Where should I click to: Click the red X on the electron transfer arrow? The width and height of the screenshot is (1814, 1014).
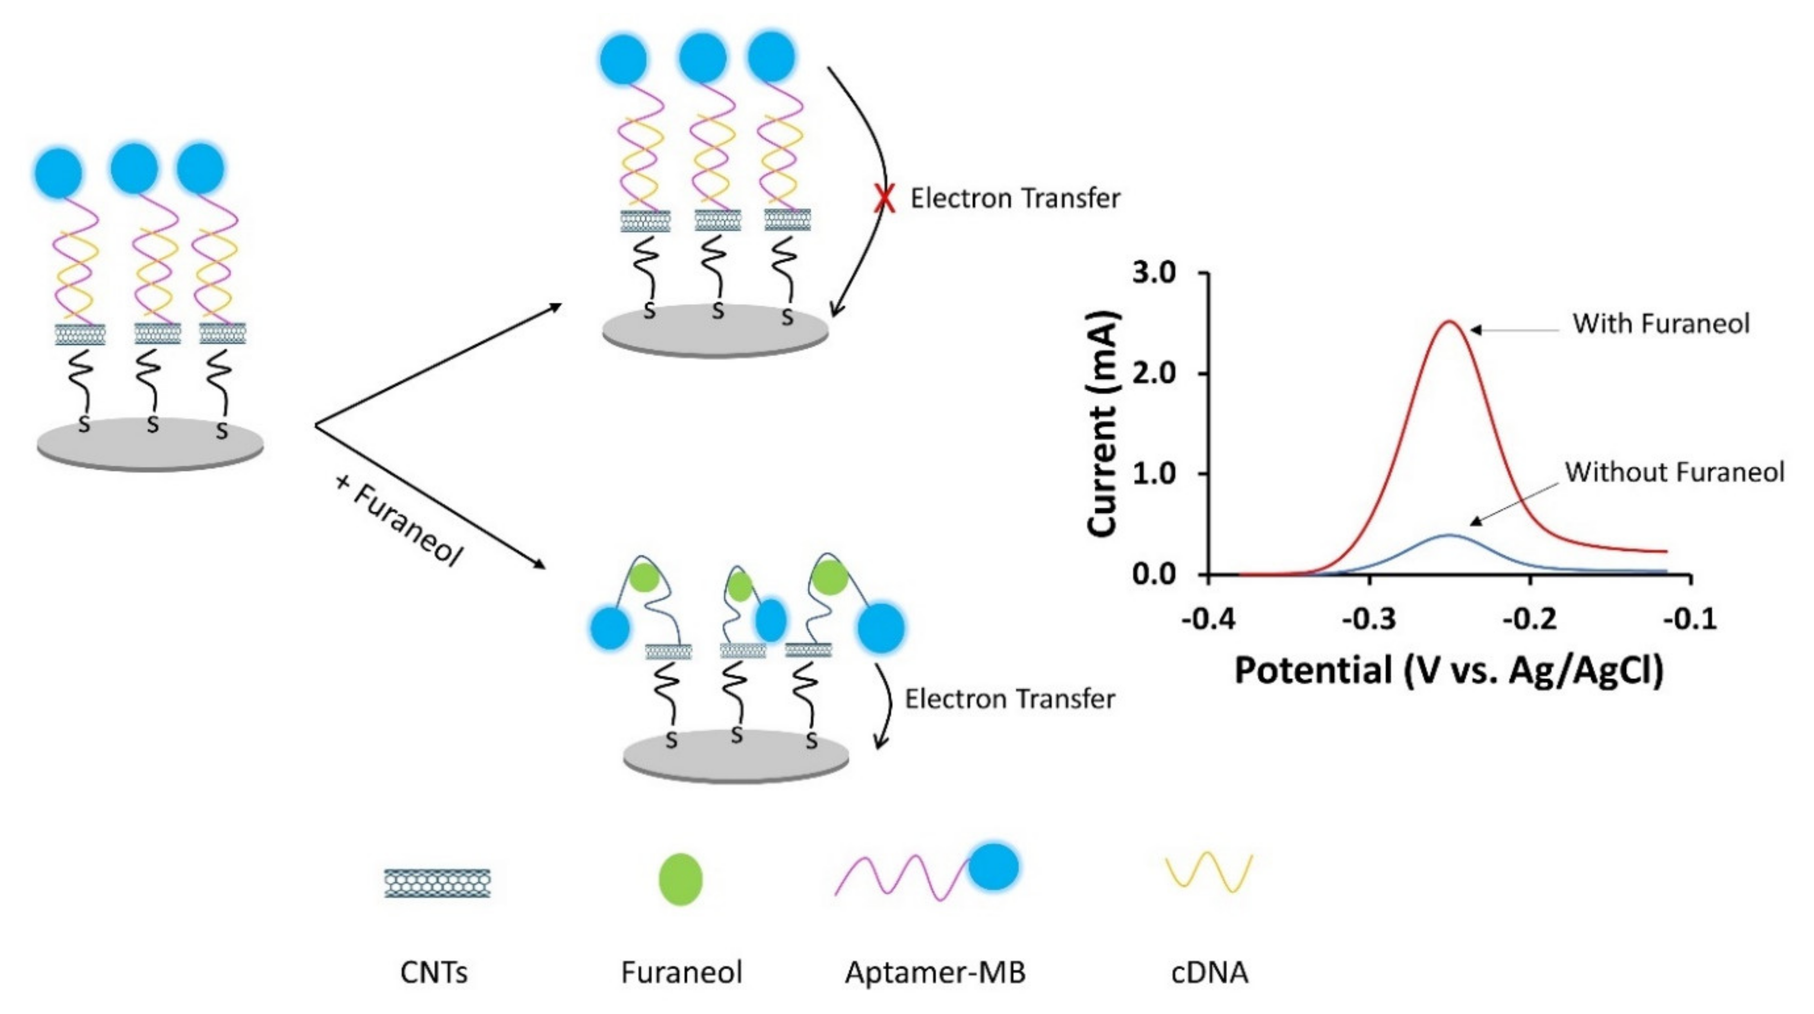(884, 199)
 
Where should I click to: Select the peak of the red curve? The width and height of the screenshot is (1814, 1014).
(1449, 322)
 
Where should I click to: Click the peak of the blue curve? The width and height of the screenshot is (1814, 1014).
(1449, 535)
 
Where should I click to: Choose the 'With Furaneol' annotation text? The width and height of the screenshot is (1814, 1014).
(1660, 324)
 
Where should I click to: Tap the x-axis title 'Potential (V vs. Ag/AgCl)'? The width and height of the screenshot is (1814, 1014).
(1449, 670)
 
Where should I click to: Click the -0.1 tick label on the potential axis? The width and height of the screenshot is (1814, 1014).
(1689, 620)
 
